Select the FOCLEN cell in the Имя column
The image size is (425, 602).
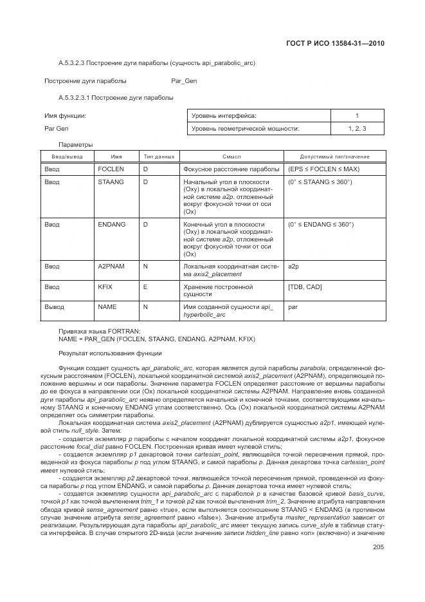click(x=111, y=169)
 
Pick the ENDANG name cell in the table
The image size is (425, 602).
click(x=111, y=224)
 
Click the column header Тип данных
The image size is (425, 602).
click(x=158, y=156)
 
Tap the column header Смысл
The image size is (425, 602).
click(x=231, y=156)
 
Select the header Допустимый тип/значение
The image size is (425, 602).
click(x=334, y=156)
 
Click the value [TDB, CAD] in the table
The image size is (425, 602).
click(x=305, y=287)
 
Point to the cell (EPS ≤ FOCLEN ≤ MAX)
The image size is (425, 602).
click(x=323, y=169)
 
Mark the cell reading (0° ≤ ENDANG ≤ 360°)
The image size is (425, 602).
click(x=321, y=224)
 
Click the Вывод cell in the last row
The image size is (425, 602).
click(x=54, y=307)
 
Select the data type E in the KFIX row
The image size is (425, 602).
click(x=145, y=287)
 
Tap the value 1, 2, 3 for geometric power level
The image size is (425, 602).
click(x=357, y=129)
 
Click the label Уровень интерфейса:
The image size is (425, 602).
click(x=224, y=116)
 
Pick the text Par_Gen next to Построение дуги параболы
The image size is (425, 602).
click(x=184, y=81)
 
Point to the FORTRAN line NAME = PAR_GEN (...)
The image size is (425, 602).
click(x=156, y=339)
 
